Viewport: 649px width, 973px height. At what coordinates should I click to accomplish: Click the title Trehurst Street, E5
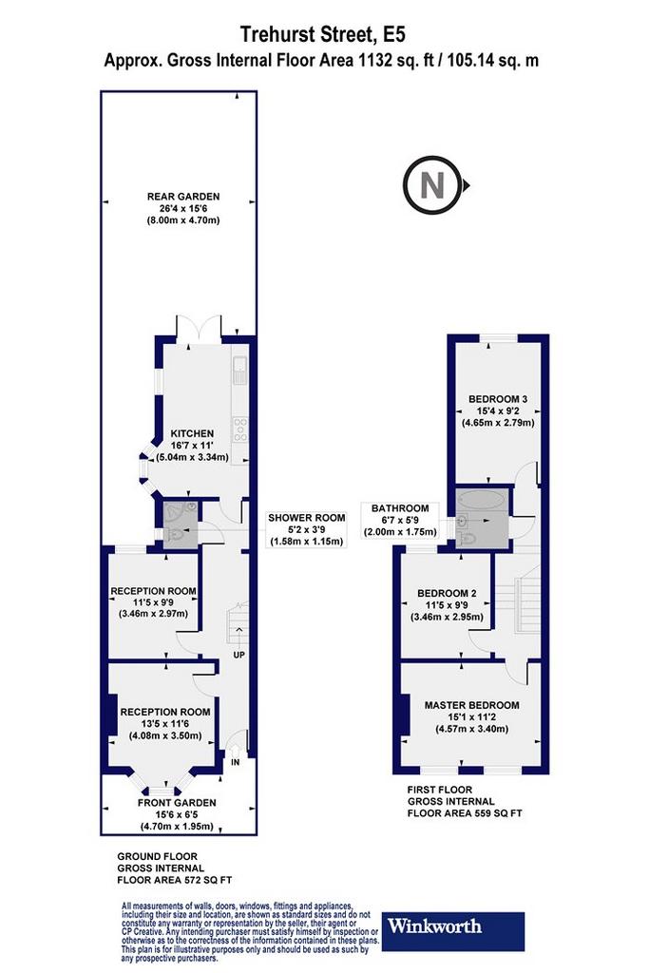[323, 34]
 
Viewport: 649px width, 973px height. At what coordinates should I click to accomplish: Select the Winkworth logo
[453, 930]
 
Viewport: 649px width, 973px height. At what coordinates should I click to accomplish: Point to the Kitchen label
[192, 433]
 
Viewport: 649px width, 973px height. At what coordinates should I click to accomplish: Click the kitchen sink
[239, 372]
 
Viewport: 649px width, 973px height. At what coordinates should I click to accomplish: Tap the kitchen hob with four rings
[239, 429]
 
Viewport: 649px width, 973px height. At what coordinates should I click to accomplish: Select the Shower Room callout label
[307, 529]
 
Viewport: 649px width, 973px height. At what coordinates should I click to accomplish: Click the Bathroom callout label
[400, 520]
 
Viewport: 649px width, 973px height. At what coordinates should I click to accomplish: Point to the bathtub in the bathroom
[481, 500]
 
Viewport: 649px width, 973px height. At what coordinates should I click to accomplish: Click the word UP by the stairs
[239, 656]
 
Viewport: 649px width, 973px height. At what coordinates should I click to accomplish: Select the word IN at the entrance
[236, 762]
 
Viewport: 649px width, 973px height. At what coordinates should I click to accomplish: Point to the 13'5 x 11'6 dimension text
[165, 724]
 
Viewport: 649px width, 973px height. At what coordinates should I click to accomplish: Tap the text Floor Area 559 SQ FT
[465, 813]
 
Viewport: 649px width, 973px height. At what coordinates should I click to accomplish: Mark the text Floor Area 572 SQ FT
[175, 880]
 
